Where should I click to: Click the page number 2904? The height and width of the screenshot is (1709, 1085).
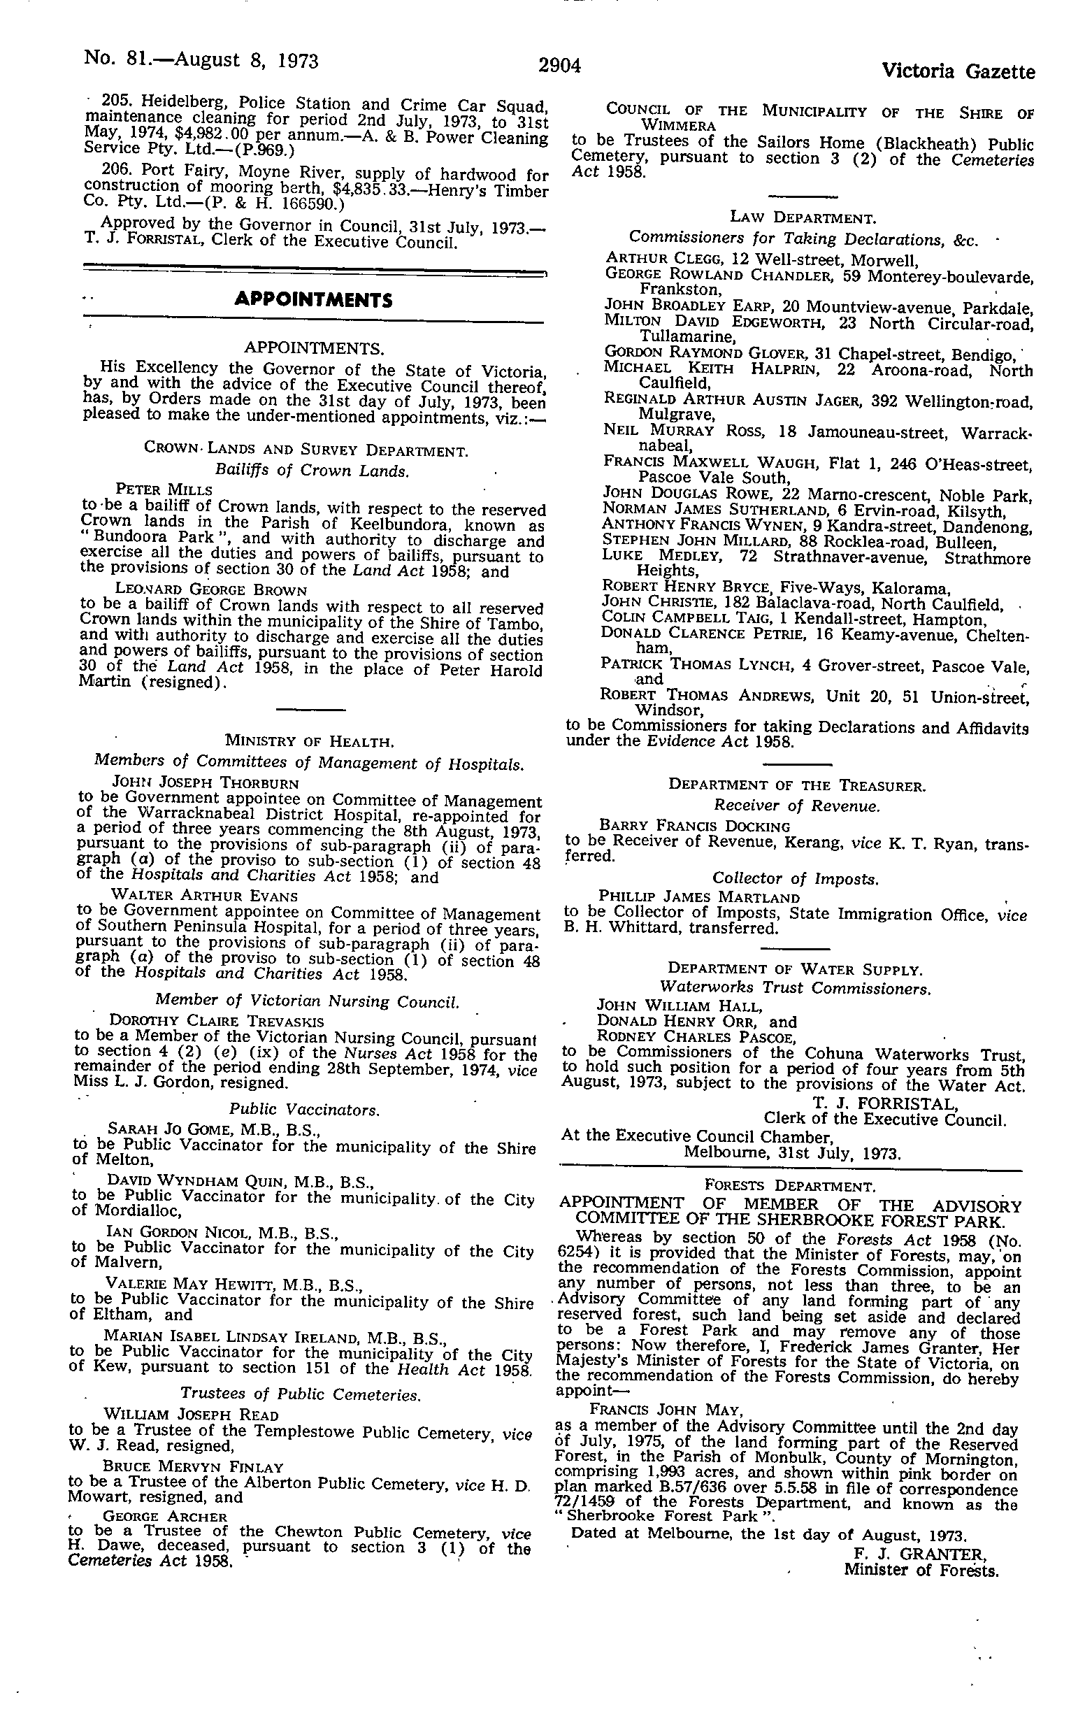tap(560, 66)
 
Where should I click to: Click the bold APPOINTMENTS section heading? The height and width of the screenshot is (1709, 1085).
tap(313, 300)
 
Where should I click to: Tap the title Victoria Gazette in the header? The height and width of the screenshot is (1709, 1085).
tap(958, 72)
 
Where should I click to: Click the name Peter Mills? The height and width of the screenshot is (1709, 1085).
tap(163, 489)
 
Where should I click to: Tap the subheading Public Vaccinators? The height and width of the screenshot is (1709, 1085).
tap(304, 1108)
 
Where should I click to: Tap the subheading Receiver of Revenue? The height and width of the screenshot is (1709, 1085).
tap(796, 806)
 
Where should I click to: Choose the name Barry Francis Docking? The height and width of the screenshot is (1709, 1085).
tap(694, 826)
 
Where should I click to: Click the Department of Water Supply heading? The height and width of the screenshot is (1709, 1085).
tap(795, 968)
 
